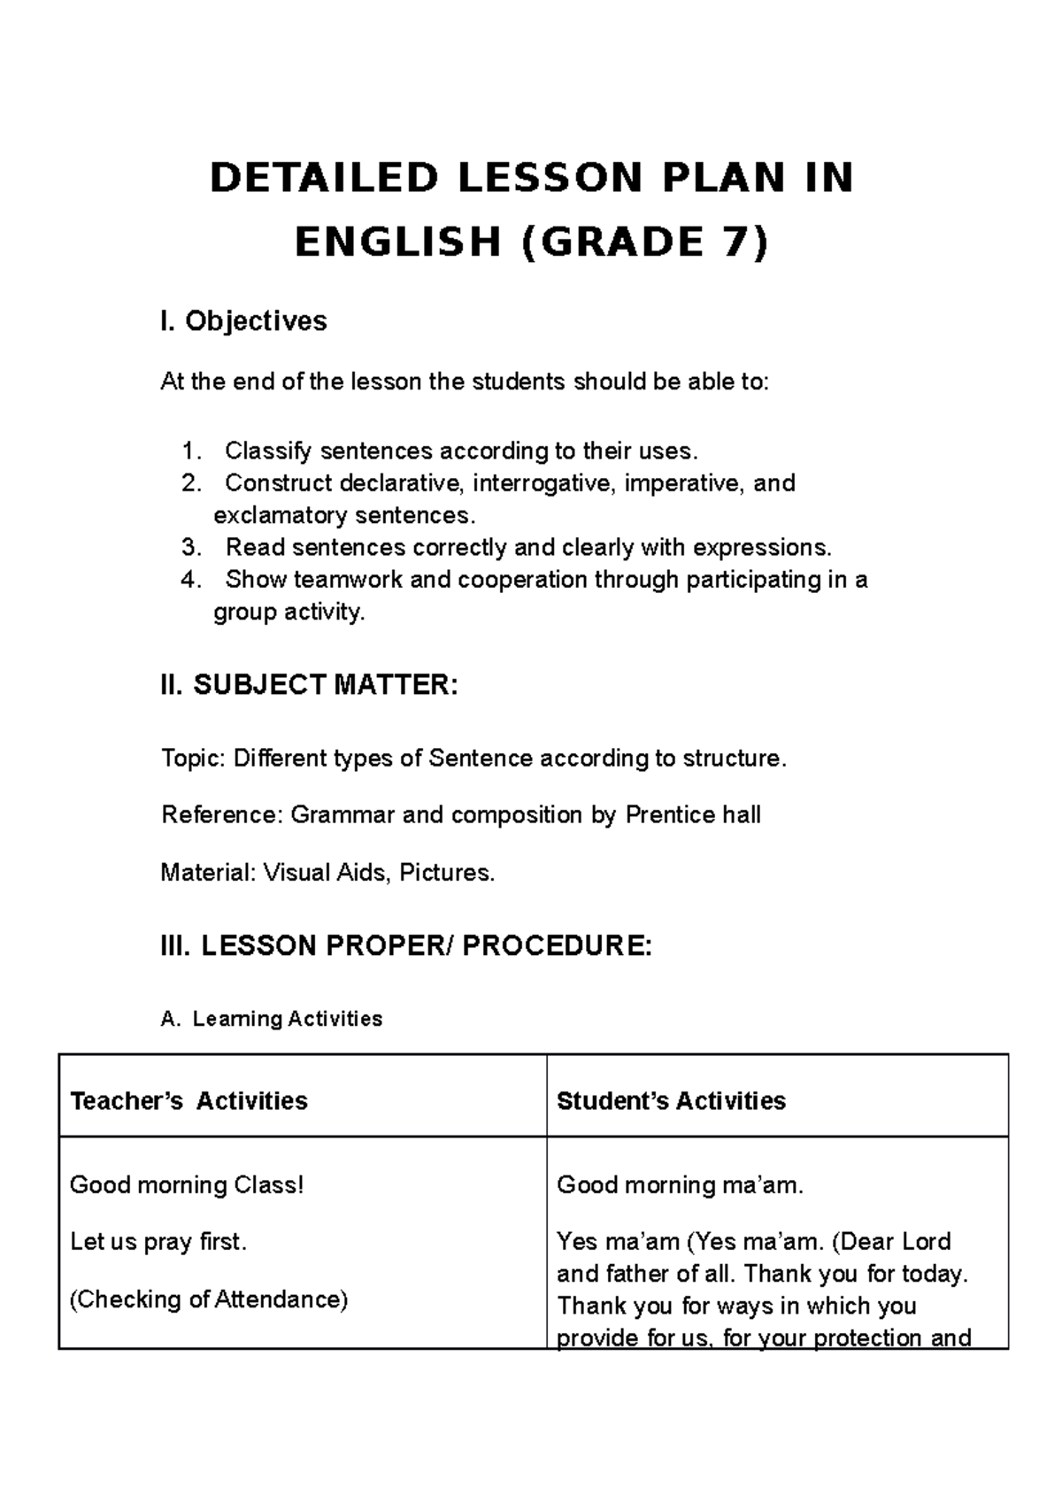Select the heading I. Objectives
pyautogui.click(x=243, y=320)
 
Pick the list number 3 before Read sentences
pyautogui.click(x=191, y=548)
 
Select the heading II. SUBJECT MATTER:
pyautogui.click(x=309, y=684)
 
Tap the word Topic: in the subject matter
pyautogui.click(x=193, y=759)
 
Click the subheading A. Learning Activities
pyautogui.click(x=272, y=1019)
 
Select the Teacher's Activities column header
pyautogui.click(x=189, y=1101)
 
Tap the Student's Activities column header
pyautogui.click(x=671, y=1101)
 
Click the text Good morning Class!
pyautogui.click(x=187, y=1184)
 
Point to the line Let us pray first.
pyautogui.click(x=158, y=1242)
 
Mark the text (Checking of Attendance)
pyautogui.click(x=209, y=1299)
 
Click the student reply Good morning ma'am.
pyautogui.click(x=680, y=1184)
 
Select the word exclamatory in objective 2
pyautogui.click(x=280, y=515)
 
